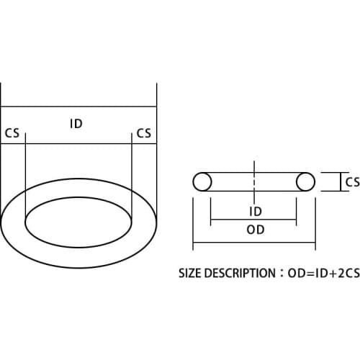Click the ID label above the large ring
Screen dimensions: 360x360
tap(76, 124)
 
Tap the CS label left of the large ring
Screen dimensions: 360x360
tap(12, 133)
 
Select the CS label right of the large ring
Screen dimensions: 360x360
tap(143, 133)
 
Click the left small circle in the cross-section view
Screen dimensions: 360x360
tap(202, 181)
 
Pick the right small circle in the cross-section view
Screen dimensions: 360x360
tap(305, 181)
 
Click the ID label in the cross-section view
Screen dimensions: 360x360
tap(254, 212)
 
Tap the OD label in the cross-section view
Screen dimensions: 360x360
tap(255, 230)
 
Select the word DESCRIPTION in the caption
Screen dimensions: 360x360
tap(240, 274)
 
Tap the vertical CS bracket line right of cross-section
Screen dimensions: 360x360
tap(340, 181)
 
